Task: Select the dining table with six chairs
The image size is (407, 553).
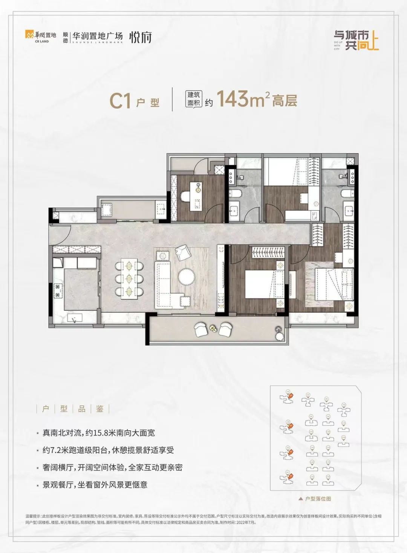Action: [130, 278]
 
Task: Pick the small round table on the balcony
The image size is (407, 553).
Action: [213, 328]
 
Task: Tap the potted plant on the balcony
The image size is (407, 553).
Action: [278, 330]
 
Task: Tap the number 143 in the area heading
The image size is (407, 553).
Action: [231, 99]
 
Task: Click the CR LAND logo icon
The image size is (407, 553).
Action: [28, 35]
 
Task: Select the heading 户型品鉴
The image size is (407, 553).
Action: [73, 409]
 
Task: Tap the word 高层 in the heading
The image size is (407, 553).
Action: [285, 100]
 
